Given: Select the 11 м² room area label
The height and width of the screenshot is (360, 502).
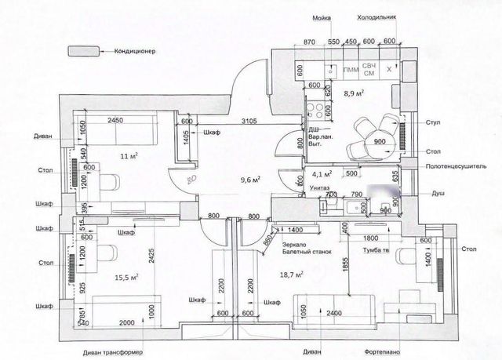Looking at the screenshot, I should (x=129, y=155).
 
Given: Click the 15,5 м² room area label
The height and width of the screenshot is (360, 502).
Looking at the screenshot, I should (x=126, y=276).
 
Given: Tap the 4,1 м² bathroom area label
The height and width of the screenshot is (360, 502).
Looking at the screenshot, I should (x=322, y=174).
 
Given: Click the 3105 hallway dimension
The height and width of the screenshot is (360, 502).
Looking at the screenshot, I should (x=249, y=121).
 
